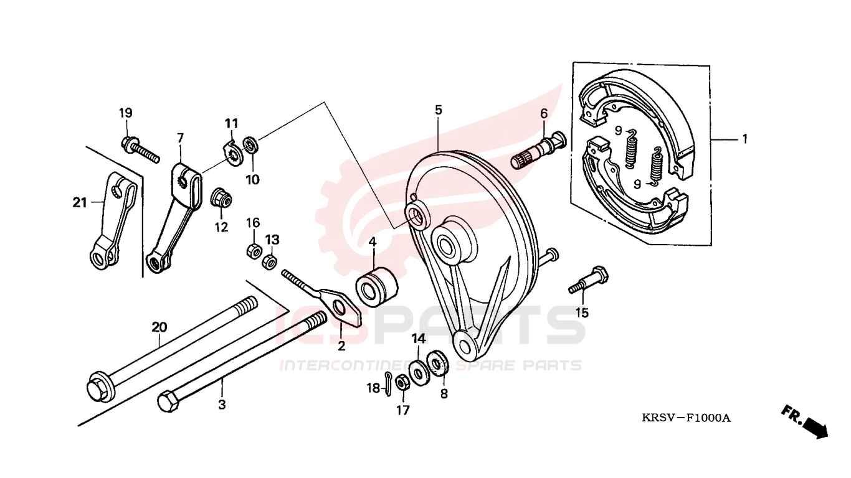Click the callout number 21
[80, 203]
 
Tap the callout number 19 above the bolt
[125, 113]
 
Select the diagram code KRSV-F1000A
[686, 418]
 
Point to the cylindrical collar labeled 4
[376, 287]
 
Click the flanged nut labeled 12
[221, 197]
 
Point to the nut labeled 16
[254, 251]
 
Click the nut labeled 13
[269, 261]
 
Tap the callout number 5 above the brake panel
[439, 110]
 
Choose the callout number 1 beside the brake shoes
[744, 139]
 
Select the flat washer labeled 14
[419, 373]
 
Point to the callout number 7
[180, 138]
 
